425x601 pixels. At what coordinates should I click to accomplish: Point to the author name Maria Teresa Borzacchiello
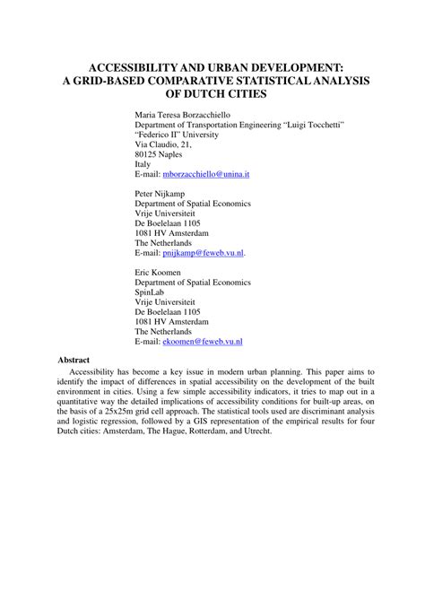pos(186,116)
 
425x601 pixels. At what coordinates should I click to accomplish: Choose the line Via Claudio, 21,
pos(162,141)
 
